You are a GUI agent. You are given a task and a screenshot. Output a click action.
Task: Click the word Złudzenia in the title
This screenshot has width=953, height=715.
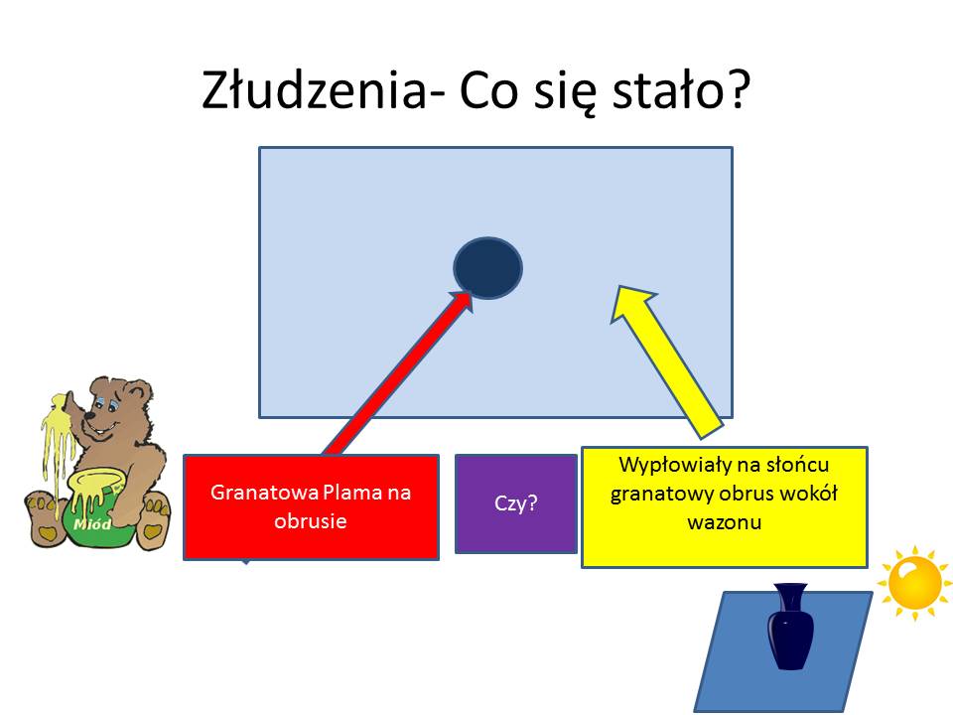click(315, 90)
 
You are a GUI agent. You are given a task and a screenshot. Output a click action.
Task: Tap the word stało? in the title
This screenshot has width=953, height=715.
click(682, 90)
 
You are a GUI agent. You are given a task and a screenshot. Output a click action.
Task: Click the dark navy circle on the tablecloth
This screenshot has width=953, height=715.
click(487, 268)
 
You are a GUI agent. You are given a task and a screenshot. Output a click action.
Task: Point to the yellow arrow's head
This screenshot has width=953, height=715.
click(635, 305)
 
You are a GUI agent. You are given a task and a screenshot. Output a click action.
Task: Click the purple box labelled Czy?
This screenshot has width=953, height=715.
click(516, 503)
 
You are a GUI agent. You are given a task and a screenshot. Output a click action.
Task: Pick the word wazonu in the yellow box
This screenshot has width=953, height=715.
click(725, 522)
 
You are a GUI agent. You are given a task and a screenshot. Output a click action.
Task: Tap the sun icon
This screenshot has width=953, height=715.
click(914, 583)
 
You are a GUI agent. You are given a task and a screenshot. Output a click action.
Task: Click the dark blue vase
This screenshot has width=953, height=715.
click(790, 627)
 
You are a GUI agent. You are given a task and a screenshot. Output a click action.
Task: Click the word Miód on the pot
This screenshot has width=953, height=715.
click(92, 523)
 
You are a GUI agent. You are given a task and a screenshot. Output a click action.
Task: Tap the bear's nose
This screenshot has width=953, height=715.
click(89, 416)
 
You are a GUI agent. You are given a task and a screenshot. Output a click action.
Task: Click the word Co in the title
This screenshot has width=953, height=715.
click(489, 90)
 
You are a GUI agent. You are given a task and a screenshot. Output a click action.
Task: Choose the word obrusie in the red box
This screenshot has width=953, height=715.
click(311, 521)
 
